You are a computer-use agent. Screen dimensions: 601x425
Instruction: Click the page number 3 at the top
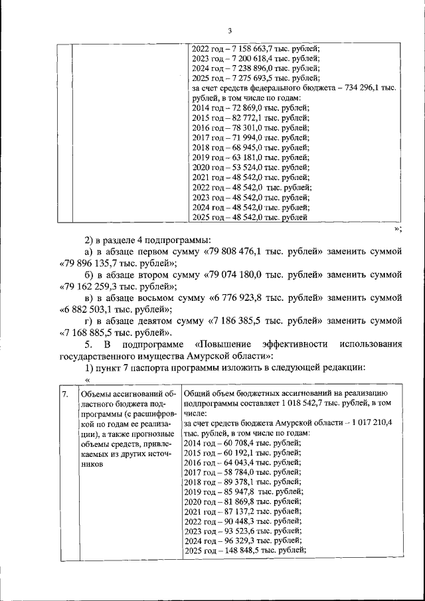point(230,30)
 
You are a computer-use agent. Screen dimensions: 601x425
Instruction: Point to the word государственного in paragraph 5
point(99,357)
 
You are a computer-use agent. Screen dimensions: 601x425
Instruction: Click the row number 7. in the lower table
point(64,394)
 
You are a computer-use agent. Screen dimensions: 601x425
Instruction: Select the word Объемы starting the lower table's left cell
point(94,394)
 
